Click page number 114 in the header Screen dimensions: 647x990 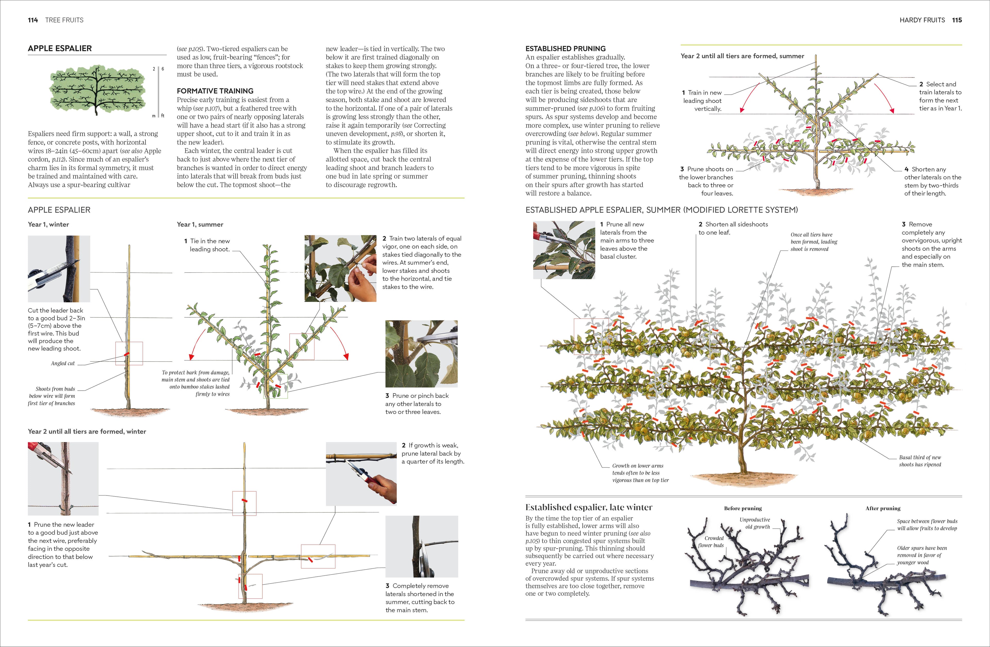(x=33, y=20)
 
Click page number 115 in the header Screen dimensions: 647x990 (x=957, y=20)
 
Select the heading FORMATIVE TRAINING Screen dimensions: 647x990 (x=215, y=91)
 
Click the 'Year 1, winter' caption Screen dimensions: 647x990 (x=48, y=224)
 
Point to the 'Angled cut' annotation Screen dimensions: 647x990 (x=63, y=363)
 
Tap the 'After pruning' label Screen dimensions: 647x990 (x=883, y=508)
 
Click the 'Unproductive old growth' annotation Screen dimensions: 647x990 (x=755, y=523)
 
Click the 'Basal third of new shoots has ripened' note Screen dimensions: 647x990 (x=920, y=461)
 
